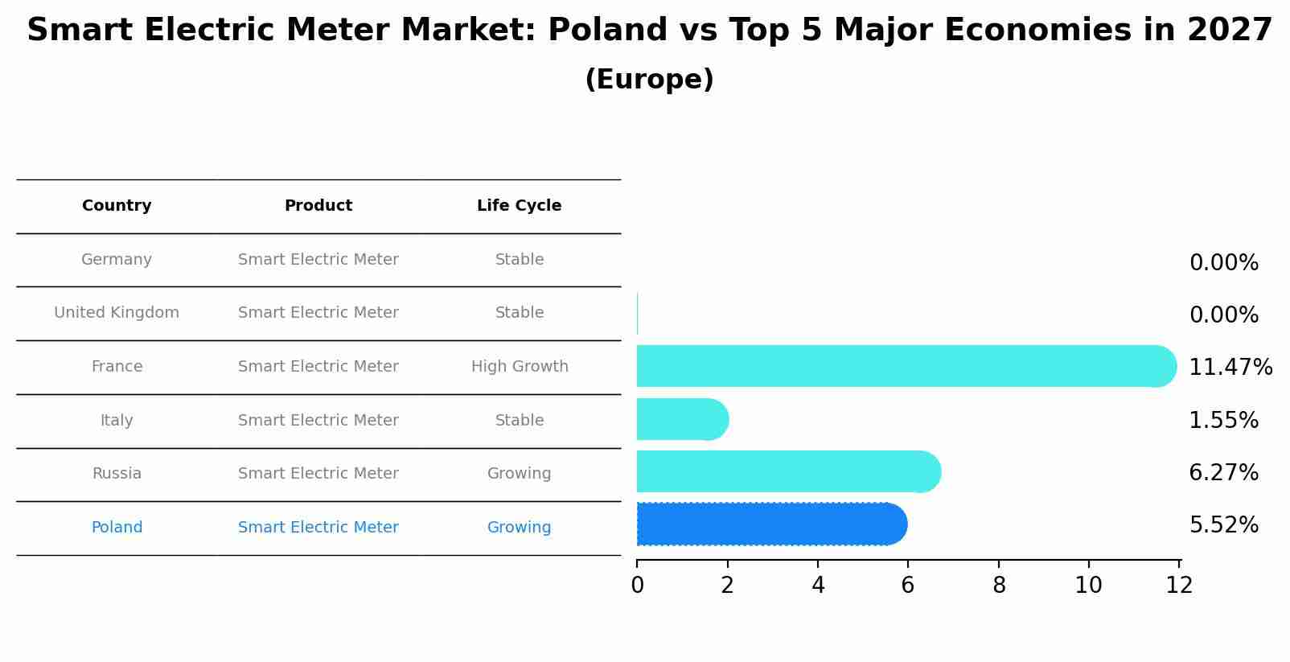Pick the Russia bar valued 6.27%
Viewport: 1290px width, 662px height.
pos(787,472)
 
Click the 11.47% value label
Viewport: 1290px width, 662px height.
pos(1230,368)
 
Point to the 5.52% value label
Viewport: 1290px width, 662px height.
pos(1223,525)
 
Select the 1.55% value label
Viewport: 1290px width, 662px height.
pos(1223,421)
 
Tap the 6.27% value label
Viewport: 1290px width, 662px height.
pos(1223,473)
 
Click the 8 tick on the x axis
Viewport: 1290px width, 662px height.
pos(999,586)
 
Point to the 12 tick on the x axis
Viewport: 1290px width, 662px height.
pos(1179,586)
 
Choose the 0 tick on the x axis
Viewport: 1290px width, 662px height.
pos(637,586)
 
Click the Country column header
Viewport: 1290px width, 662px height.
pos(117,206)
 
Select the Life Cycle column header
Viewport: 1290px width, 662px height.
pos(519,206)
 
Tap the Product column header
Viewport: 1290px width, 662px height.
pos(318,206)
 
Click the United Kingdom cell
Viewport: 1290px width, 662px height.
pos(117,313)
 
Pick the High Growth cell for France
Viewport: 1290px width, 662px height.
pos(520,367)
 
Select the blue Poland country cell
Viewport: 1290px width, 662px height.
pos(117,528)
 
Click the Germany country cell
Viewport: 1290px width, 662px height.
pos(117,260)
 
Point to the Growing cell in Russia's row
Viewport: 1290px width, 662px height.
pos(519,474)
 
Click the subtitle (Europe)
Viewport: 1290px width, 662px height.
pos(649,80)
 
